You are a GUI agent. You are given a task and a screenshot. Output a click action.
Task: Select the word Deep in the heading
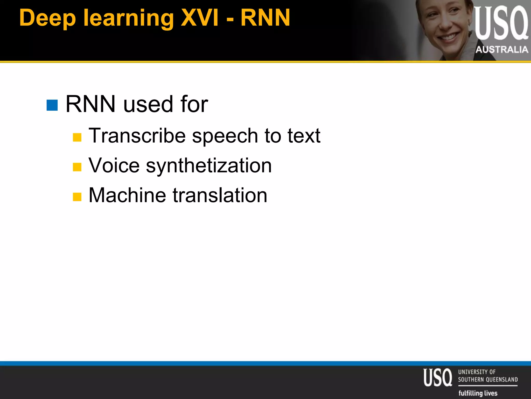click(x=47, y=18)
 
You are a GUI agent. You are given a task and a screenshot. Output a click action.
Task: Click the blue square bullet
click(x=52, y=105)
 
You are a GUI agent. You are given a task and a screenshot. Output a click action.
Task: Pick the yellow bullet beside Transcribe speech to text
click(x=77, y=137)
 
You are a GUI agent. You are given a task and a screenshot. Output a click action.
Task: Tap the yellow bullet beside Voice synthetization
click(x=77, y=167)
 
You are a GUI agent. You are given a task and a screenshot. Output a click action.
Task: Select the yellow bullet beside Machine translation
click(x=77, y=197)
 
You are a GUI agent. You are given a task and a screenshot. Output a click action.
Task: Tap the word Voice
click(x=114, y=165)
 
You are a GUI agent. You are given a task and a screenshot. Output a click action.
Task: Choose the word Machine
click(x=127, y=195)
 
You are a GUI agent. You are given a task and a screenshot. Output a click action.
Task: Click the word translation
click(x=220, y=195)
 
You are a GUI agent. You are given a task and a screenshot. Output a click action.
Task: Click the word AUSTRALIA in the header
click(x=502, y=49)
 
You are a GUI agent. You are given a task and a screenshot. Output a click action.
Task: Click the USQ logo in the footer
click(x=438, y=377)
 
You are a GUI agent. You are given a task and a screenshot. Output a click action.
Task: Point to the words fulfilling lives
click(x=478, y=393)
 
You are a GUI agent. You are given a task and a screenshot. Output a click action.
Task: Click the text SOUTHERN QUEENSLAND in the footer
click(x=488, y=380)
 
